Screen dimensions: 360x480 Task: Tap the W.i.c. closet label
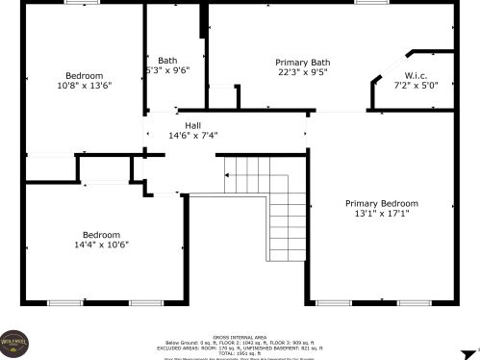[x=416, y=75]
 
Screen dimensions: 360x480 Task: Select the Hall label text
[x=193, y=124]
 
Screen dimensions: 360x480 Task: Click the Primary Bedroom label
[x=382, y=203]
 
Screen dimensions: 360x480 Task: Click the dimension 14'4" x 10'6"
[x=101, y=244]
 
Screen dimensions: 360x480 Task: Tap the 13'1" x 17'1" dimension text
[x=382, y=214]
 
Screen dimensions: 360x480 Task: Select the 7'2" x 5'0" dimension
[x=416, y=85]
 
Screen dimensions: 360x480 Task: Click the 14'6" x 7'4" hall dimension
[x=193, y=135]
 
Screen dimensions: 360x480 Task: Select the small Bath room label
[x=167, y=60]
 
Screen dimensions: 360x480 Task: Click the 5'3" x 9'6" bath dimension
[x=167, y=70]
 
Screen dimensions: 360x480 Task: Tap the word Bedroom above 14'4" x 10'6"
[x=101, y=235]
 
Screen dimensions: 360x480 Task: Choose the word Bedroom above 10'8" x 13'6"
[x=84, y=75]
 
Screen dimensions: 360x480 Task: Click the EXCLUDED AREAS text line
[x=240, y=347]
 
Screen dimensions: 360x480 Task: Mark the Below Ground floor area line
[x=240, y=343]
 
